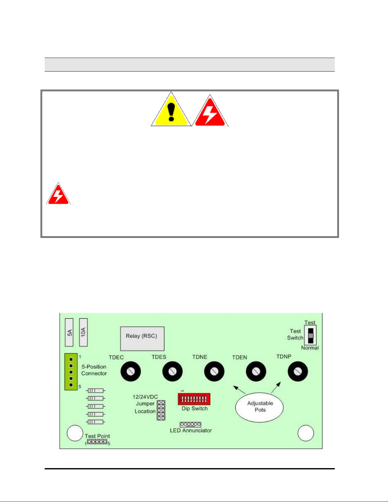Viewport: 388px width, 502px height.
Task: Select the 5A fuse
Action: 69,332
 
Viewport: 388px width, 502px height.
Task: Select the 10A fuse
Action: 83,332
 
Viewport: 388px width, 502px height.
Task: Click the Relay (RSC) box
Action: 142,339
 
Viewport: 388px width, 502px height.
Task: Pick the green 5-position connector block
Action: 71,372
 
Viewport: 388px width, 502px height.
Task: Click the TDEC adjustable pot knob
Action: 130,371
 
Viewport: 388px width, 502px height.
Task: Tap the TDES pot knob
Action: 172,371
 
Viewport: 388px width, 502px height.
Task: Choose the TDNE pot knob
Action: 214,371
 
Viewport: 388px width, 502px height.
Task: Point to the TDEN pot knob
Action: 256,371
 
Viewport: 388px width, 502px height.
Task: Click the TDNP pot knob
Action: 297,371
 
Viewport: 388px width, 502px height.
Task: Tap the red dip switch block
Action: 194,399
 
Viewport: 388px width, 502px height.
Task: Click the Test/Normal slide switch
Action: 311,335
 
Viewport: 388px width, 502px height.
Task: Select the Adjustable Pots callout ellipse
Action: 259,407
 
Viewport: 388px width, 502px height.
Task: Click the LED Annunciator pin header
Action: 190,424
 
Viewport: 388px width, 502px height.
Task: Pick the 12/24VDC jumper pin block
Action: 161,410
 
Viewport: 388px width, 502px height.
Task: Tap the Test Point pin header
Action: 97,442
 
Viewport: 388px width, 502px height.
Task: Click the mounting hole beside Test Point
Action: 75,433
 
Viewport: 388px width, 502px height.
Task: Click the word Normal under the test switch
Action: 310,348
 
